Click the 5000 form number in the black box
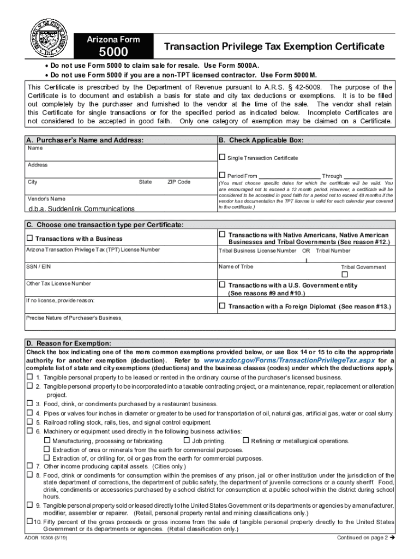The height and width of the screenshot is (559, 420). (113, 52)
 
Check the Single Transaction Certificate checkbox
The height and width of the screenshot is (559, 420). (222, 157)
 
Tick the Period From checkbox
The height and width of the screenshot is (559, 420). (222, 175)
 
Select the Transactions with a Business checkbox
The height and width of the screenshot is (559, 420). (30, 238)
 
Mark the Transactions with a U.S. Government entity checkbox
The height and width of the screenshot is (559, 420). (222, 284)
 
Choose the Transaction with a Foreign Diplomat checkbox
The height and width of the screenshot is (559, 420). (222, 306)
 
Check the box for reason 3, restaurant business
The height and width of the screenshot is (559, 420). (30, 403)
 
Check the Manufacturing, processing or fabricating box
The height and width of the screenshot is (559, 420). (47, 441)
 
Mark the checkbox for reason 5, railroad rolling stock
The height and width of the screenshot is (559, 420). (30, 421)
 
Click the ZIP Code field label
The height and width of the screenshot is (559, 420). (178, 182)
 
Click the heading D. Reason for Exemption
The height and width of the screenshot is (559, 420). (69, 343)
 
